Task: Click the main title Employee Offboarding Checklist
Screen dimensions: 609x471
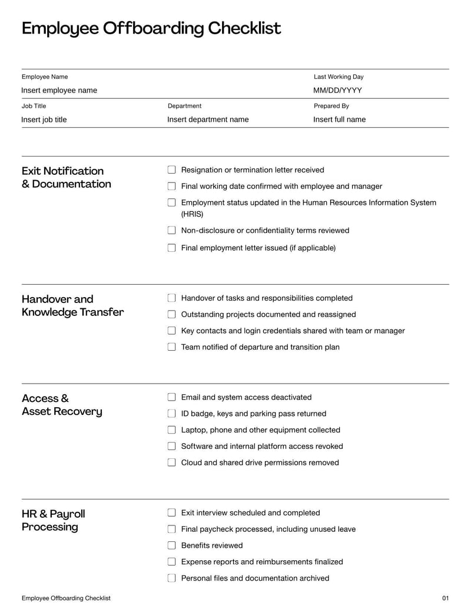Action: [151, 28]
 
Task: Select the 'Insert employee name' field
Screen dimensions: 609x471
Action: [59, 90]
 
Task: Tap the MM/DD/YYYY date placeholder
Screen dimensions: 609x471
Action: [337, 90]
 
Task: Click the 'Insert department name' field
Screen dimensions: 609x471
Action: [208, 119]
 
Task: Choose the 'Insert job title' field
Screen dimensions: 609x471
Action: [44, 119]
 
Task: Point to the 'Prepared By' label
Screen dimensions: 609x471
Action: [331, 106]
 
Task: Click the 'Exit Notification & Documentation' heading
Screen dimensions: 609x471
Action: [66, 177]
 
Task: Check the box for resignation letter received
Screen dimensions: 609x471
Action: [172, 170]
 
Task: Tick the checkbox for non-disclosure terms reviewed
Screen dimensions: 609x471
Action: [172, 231]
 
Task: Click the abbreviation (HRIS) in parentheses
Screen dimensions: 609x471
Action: [192, 214]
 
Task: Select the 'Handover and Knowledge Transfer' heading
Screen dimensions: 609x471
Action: [72, 305]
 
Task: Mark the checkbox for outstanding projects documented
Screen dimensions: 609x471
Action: [172, 315]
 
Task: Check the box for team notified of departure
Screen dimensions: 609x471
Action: [172, 347]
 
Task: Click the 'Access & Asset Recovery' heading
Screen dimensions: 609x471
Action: [62, 405]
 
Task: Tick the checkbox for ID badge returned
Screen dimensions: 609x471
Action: [172, 414]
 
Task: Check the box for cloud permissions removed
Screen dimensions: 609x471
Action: [172, 462]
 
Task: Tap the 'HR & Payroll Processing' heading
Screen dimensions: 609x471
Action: [53, 520]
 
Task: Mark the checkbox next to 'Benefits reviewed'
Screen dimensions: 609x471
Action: [172, 545]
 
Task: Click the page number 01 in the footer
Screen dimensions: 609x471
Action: [445, 598]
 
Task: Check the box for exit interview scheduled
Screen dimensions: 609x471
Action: [172, 513]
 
